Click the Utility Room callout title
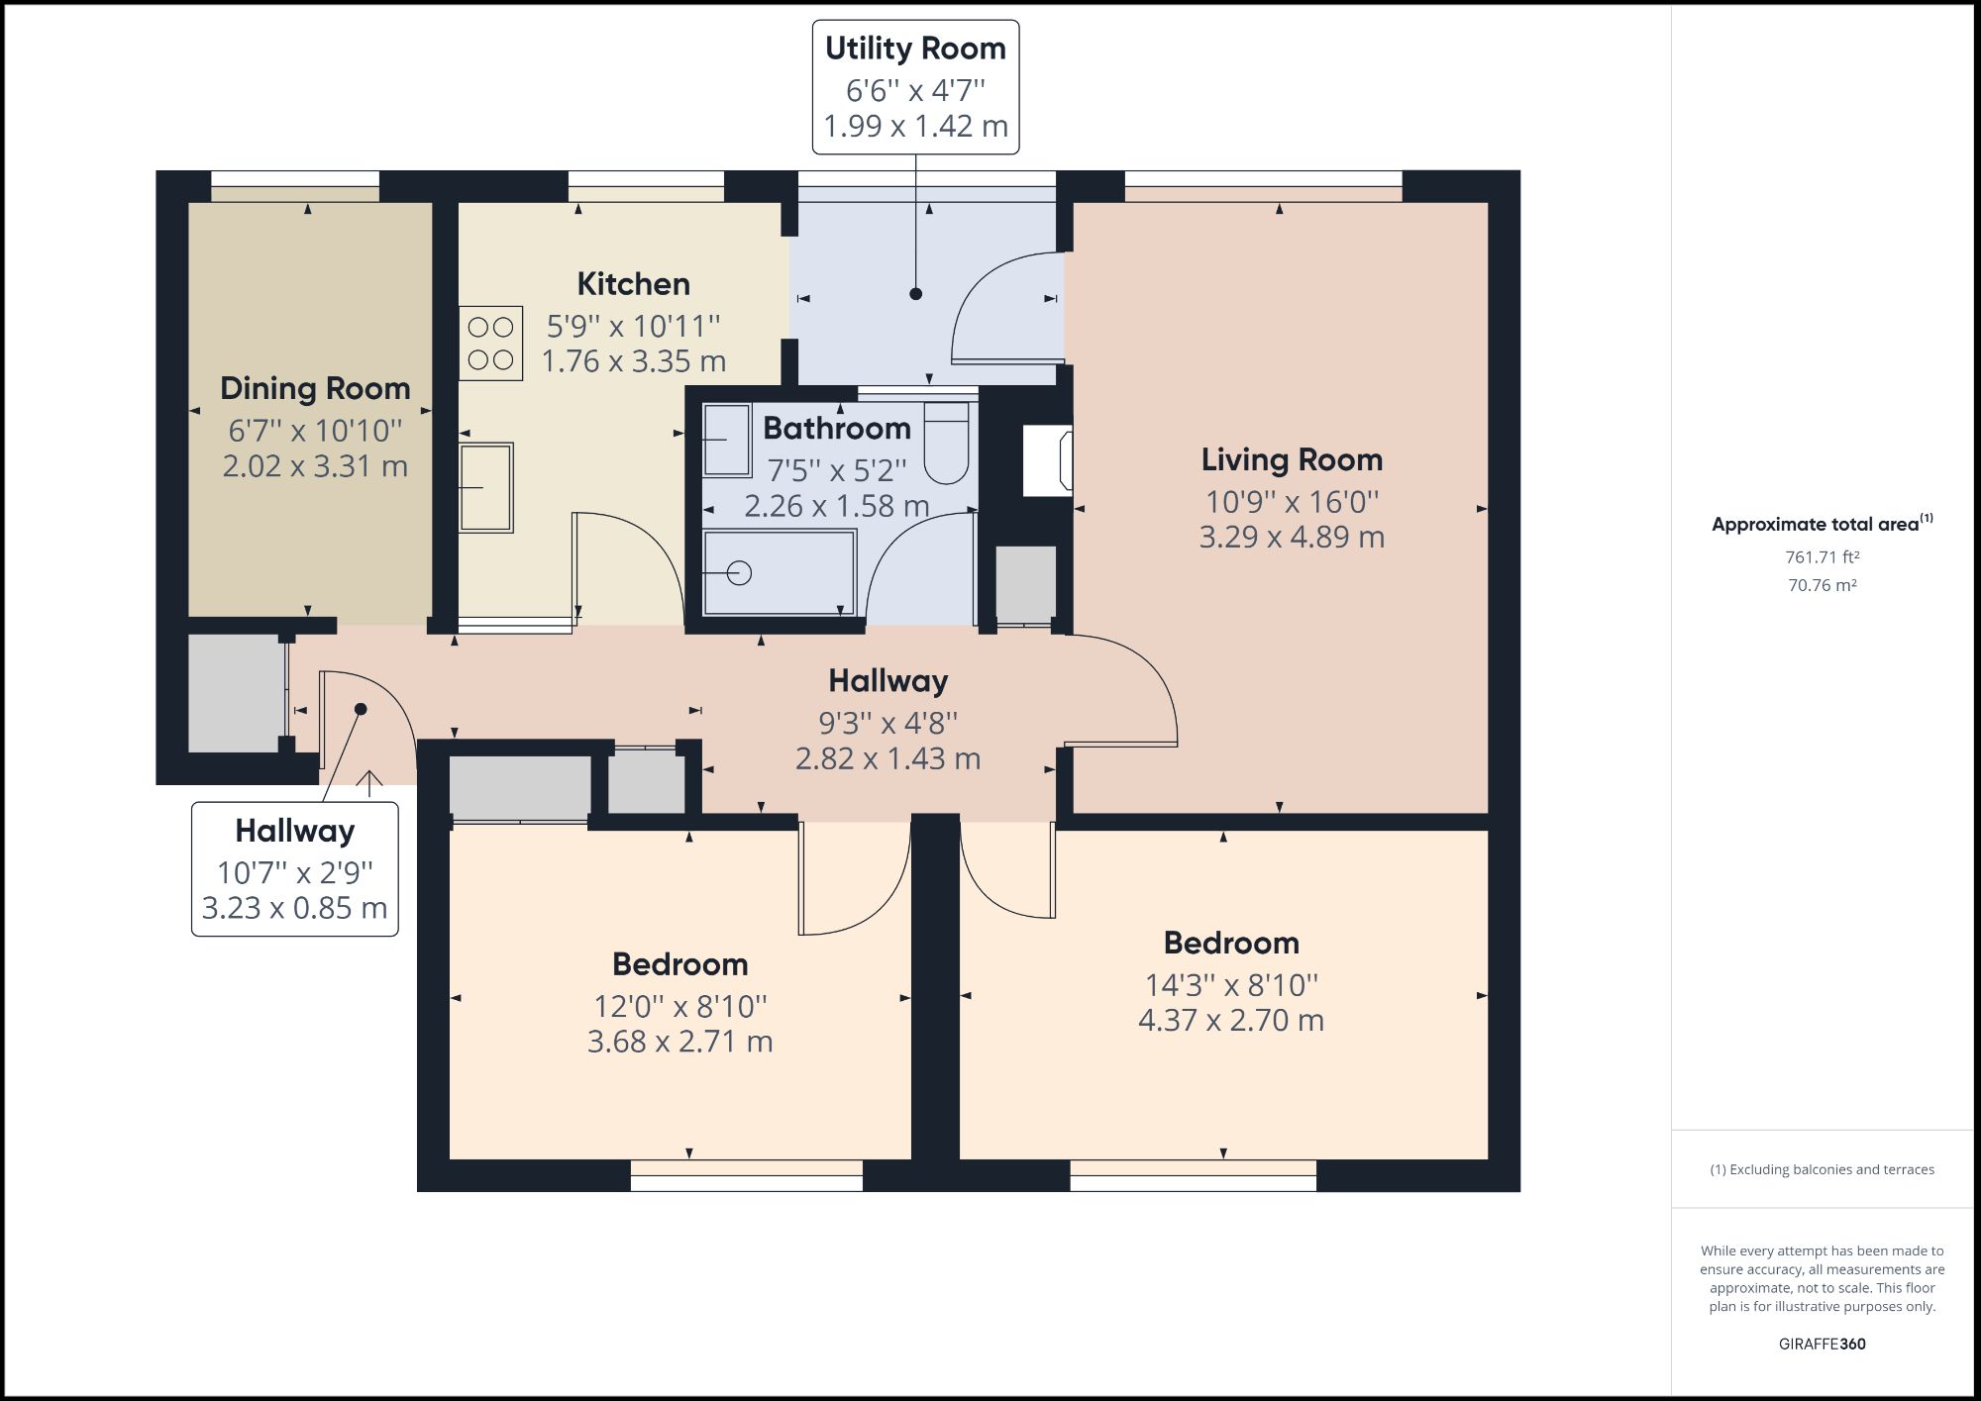click(915, 49)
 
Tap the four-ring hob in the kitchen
click(490, 343)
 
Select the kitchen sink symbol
click(485, 487)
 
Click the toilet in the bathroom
click(946, 445)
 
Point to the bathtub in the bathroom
click(779, 572)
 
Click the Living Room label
click(1292, 459)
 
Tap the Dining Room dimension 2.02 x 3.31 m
click(315, 466)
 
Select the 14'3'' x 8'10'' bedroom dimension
click(1231, 985)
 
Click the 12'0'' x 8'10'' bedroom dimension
click(679, 1006)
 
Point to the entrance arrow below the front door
click(369, 783)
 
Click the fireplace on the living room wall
click(1048, 460)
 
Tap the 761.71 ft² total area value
click(1822, 557)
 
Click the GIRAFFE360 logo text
click(1822, 1344)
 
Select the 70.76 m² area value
click(1822, 585)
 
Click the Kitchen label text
click(633, 284)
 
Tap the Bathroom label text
click(837, 429)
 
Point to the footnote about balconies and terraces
click(1822, 1169)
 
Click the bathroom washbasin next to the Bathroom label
click(727, 440)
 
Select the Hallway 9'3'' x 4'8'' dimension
click(887, 724)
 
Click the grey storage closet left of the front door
click(234, 693)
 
